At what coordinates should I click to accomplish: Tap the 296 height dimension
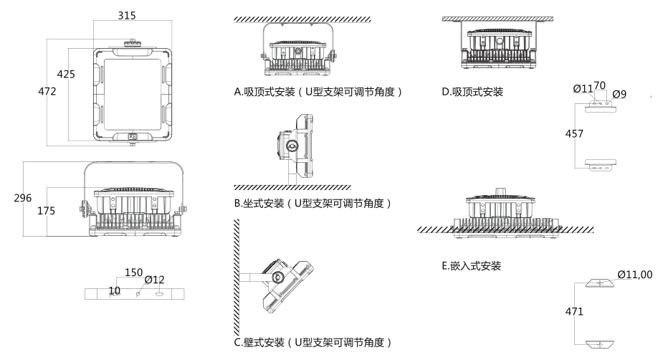tap(23, 198)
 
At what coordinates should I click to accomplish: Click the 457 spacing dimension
tap(574, 134)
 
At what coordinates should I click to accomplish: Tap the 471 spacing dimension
tap(574, 312)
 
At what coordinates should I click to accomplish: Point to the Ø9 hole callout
tap(618, 93)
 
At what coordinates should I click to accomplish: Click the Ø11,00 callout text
tap(635, 275)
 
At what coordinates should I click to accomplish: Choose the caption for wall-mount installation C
tap(313, 342)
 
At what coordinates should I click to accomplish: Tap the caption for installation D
tap(473, 92)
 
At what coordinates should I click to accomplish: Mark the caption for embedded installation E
tap(471, 266)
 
